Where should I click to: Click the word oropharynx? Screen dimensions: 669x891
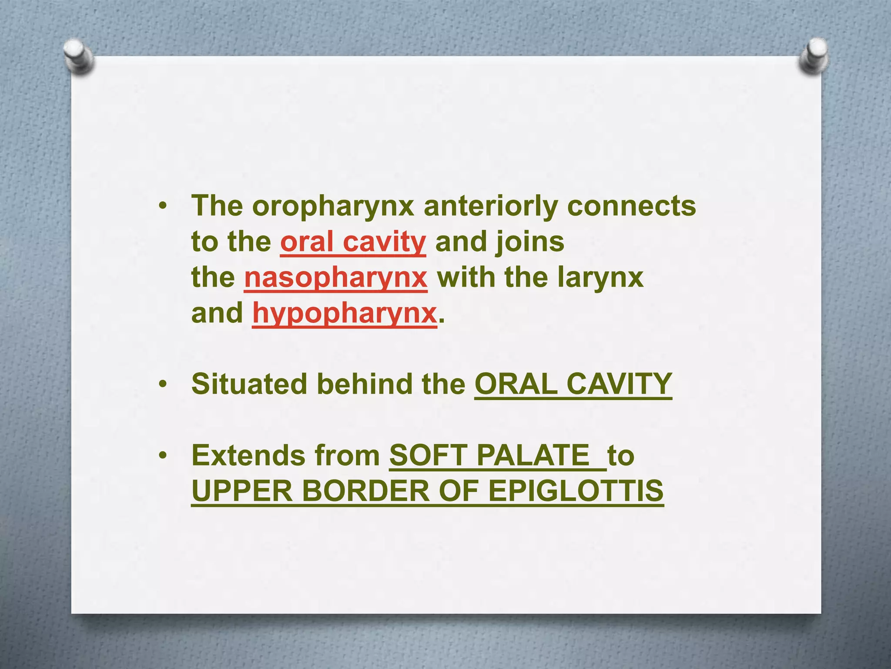coord(333,206)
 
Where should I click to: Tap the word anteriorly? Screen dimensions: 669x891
coord(490,206)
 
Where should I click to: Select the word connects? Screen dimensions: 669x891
coord(631,206)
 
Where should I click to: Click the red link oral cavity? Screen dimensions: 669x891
coord(353,242)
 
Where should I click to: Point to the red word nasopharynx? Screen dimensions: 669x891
coord(336,278)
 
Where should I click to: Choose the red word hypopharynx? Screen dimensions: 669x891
coord(345,314)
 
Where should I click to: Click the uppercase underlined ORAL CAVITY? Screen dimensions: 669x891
coord(573,384)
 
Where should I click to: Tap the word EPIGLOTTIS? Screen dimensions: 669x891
coord(576,491)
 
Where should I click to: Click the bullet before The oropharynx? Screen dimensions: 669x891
coord(163,206)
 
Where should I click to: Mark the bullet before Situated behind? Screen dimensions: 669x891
coord(163,385)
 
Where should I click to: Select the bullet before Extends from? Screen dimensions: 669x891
coord(163,456)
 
